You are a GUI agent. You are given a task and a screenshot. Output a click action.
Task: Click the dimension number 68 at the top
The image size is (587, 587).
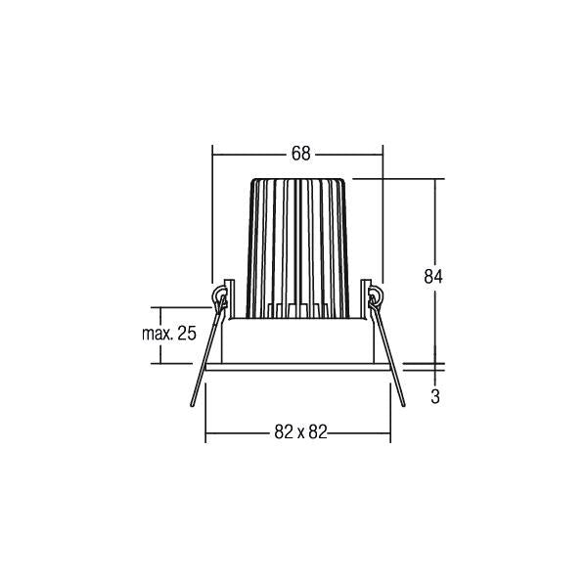point(301,154)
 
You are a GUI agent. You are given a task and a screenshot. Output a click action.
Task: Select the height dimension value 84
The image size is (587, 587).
point(433,276)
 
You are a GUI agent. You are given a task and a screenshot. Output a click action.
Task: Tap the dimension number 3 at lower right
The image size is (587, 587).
point(434,396)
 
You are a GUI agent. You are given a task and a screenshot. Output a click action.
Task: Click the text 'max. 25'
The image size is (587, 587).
point(169,334)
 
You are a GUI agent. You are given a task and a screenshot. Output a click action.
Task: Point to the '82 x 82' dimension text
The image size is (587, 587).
point(300,432)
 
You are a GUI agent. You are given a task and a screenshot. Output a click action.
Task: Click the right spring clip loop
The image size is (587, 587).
point(376,295)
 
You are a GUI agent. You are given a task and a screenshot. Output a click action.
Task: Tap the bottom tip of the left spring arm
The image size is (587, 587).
point(193,405)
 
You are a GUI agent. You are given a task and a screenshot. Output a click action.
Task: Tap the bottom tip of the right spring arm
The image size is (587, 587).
point(403,405)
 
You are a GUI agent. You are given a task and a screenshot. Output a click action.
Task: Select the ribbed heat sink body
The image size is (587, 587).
point(297,248)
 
